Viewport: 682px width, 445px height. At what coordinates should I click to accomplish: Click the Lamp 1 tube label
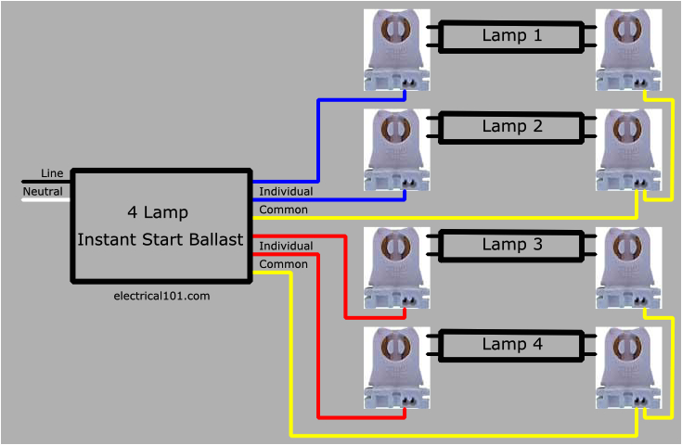point(511,36)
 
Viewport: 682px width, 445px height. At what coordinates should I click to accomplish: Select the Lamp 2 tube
point(511,127)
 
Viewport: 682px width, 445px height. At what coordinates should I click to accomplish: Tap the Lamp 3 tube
point(511,245)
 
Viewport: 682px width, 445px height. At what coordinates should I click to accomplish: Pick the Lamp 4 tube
point(511,344)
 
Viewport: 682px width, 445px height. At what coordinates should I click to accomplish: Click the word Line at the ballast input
point(52,174)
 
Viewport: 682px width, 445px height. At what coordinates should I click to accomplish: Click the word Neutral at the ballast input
point(43,192)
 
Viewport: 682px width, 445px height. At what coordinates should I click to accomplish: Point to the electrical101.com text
point(161,296)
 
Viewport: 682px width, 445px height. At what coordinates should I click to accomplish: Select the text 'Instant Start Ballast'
point(161,240)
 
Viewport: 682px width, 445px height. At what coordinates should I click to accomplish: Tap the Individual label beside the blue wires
point(286,191)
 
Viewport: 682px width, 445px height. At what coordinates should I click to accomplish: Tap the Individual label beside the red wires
point(286,246)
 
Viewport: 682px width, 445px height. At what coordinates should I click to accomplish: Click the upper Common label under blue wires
point(283,210)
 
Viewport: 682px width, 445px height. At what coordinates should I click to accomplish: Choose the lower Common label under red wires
point(283,264)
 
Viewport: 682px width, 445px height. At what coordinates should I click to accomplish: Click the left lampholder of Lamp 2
point(397,148)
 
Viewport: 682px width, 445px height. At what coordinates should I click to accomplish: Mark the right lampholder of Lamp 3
point(628,267)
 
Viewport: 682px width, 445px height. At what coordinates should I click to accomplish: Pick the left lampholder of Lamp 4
point(397,366)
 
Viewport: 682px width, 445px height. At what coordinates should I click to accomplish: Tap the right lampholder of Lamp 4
point(628,366)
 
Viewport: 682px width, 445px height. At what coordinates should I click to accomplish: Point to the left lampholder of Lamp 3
point(397,267)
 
